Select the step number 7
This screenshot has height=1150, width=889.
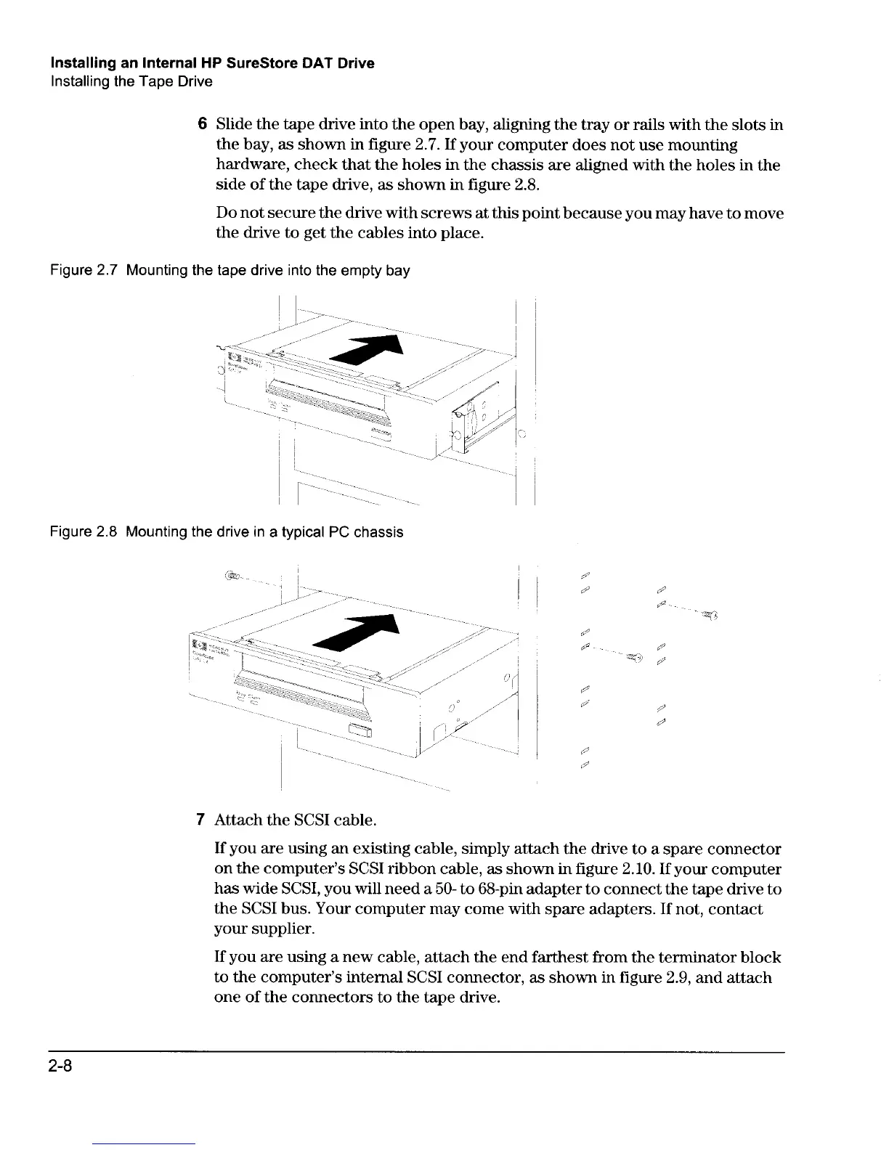point(201,820)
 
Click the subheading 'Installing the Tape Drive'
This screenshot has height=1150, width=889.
point(131,81)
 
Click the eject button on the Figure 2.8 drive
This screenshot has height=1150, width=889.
point(360,730)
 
